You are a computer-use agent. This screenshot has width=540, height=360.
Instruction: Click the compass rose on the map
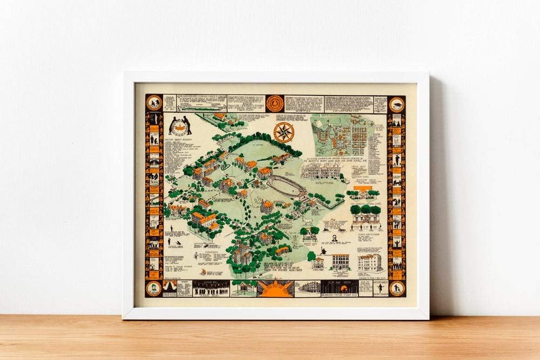(x=283, y=132)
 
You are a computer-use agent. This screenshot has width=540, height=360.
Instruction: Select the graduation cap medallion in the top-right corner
(x=396, y=104)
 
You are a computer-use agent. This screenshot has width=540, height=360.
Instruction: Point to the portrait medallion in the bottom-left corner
(x=154, y=288)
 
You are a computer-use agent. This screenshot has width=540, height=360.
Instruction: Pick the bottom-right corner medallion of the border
(x=397, y=288)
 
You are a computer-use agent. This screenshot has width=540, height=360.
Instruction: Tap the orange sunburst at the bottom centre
(x=275, y=288)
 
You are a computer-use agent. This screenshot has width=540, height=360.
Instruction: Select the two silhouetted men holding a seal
(x=180, y=125)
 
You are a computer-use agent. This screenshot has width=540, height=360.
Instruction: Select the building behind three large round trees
(x=365, y=213)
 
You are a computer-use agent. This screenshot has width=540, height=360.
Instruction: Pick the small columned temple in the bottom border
(x=244, y=288)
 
